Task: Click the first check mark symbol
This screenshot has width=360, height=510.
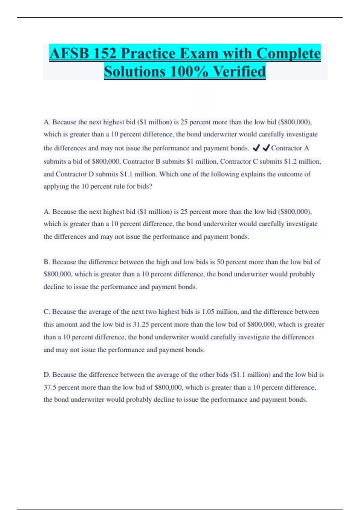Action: click(256, 148)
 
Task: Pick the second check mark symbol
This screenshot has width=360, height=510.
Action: click(266, 148)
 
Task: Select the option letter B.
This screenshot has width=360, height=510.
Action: click(46, 262)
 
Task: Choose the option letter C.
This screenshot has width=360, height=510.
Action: click(46, 312)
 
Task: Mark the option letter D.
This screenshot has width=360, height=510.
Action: click(46, 375)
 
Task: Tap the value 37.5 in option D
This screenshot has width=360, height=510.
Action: click(50, 387)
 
